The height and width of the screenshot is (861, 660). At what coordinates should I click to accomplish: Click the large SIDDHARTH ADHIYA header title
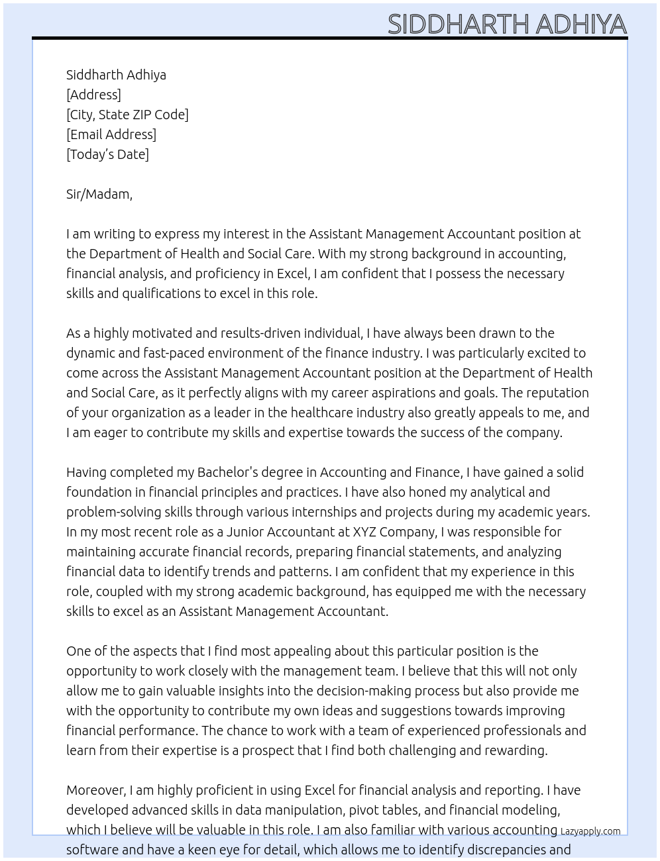point(507,24)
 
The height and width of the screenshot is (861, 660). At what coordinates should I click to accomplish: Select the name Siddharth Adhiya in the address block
point(116,75)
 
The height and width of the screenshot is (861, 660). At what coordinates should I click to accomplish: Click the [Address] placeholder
point(93,95)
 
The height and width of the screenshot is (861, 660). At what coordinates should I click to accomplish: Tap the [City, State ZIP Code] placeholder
point(127,115)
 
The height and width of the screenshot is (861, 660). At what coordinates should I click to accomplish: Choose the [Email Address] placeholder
point(111,134)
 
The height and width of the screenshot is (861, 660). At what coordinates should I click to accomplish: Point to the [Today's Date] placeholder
point(107,154)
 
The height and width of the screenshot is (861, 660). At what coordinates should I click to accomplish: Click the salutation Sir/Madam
point(99,194)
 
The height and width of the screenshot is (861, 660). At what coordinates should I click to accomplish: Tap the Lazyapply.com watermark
point(590,831)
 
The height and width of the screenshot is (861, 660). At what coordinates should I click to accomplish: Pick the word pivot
point(364,810)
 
